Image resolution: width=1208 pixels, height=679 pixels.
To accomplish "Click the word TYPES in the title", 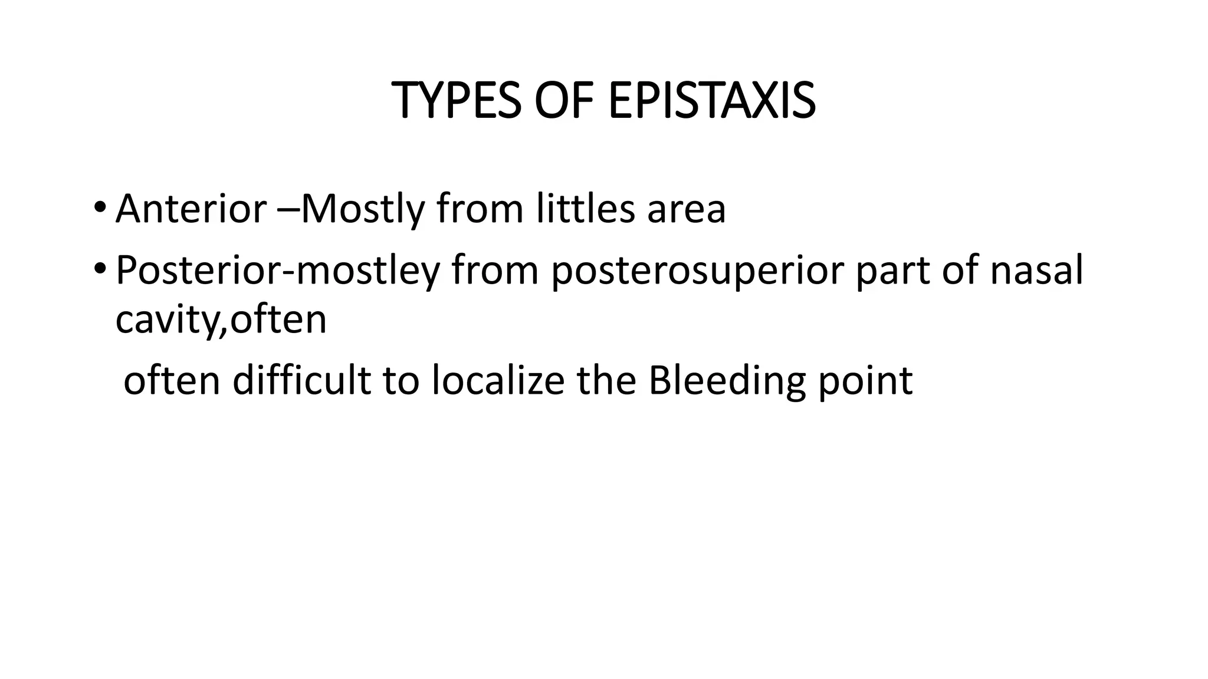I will click(x=456, y=101).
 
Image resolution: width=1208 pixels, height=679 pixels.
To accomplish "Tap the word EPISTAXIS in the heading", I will click(x=711, y=101).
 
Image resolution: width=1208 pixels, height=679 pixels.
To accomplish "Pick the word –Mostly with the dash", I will click(x=350, y=210).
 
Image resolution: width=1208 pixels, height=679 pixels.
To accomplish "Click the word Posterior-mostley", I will click(x=278, y=271).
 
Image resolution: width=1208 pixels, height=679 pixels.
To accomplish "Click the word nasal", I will click(x=1036, y=271).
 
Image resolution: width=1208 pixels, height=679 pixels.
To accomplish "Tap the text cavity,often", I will click(x=221, y=320).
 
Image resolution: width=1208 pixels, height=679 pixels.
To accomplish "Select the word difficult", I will click(x=301, y=380).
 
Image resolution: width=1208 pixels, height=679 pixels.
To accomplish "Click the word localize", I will click(x=498, y=380).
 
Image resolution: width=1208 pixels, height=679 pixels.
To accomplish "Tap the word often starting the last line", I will click(x=172, y=380).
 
